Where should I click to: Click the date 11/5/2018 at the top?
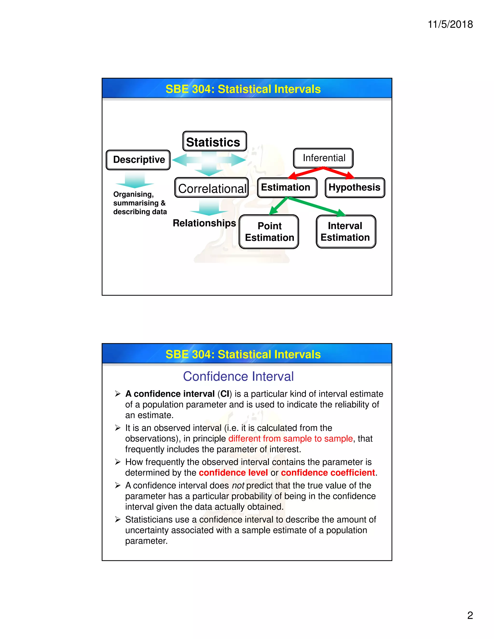[450, 24]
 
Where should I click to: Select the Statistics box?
[214, 142]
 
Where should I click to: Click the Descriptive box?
[138, 160]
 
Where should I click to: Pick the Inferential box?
[323, 158]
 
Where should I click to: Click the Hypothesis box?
[355, 188]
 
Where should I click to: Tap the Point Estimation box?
[269, 232]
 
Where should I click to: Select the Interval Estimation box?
[346, 232]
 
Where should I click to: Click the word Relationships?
[204, 223]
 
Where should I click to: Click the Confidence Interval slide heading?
[238, 376]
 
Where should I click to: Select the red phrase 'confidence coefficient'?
[328, 473]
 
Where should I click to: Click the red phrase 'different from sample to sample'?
[290, 439]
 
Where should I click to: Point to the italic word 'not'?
[238, 485]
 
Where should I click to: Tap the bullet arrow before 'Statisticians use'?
[118, 519]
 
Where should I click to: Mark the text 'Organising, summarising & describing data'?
[140, 203]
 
